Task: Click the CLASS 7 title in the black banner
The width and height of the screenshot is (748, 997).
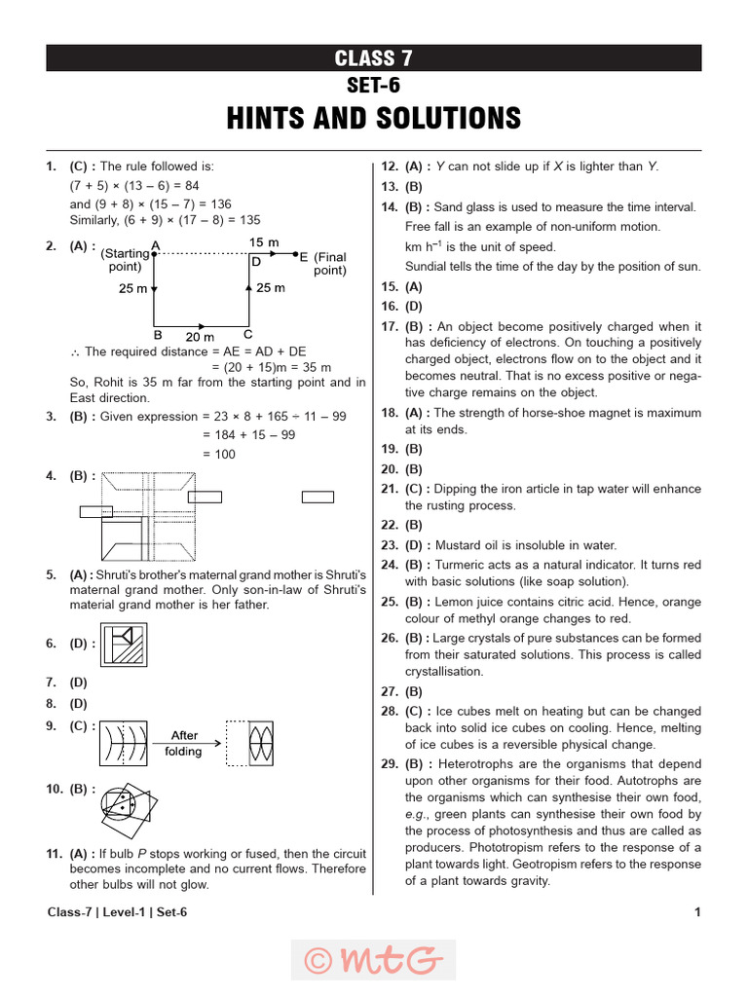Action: (x=374, y=58)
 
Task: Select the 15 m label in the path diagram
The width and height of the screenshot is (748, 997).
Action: (x=264, y=241)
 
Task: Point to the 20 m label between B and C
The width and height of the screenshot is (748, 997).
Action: (x=199, y=335)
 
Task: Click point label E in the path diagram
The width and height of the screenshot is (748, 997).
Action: (x=303, y=257)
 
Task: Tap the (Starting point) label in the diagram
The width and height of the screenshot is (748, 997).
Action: (x=126, y=260)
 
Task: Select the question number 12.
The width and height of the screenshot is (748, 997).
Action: (x=389, y=166)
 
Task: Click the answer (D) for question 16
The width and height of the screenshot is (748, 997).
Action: (x=414, y=307)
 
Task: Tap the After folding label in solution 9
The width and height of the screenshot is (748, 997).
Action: (x=184, y=744)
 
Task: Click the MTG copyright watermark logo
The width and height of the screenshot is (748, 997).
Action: (x=373, y=959)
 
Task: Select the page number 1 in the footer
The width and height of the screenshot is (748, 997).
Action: (x=697, y=912)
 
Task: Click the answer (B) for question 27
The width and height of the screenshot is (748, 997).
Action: (x=414, y=691)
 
